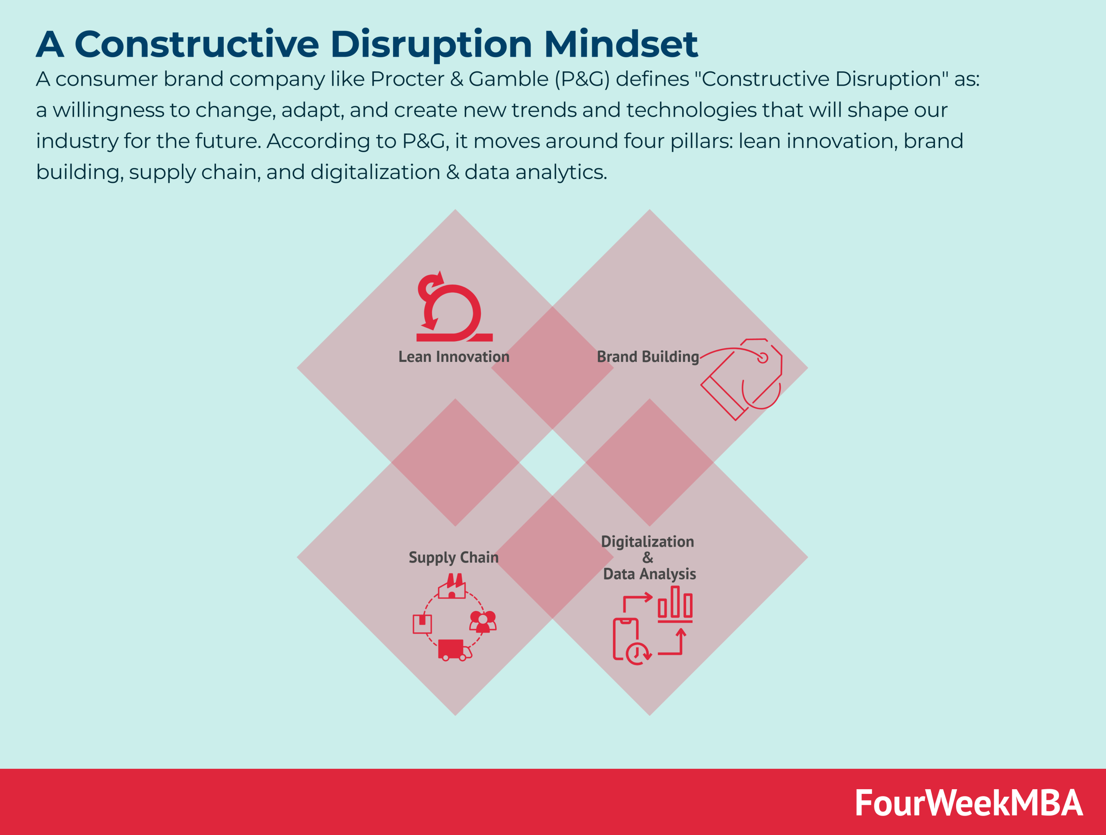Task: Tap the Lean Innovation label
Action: coord(454,357)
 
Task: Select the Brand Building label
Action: coord(648,357)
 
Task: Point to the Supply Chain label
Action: coord(454,557)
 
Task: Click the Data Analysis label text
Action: coord(649,574)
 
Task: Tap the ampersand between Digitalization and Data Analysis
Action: coord(648,557)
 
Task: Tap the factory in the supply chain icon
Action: coord(452,587)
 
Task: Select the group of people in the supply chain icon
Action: coord(483,621)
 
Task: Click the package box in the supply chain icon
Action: coord(422,624)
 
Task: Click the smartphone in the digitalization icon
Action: coord(625,639)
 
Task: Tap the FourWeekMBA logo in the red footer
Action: coord(969,803)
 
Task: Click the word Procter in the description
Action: coord(407,79)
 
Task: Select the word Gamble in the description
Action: coord(508,79)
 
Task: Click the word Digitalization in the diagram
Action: coord(647,541)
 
